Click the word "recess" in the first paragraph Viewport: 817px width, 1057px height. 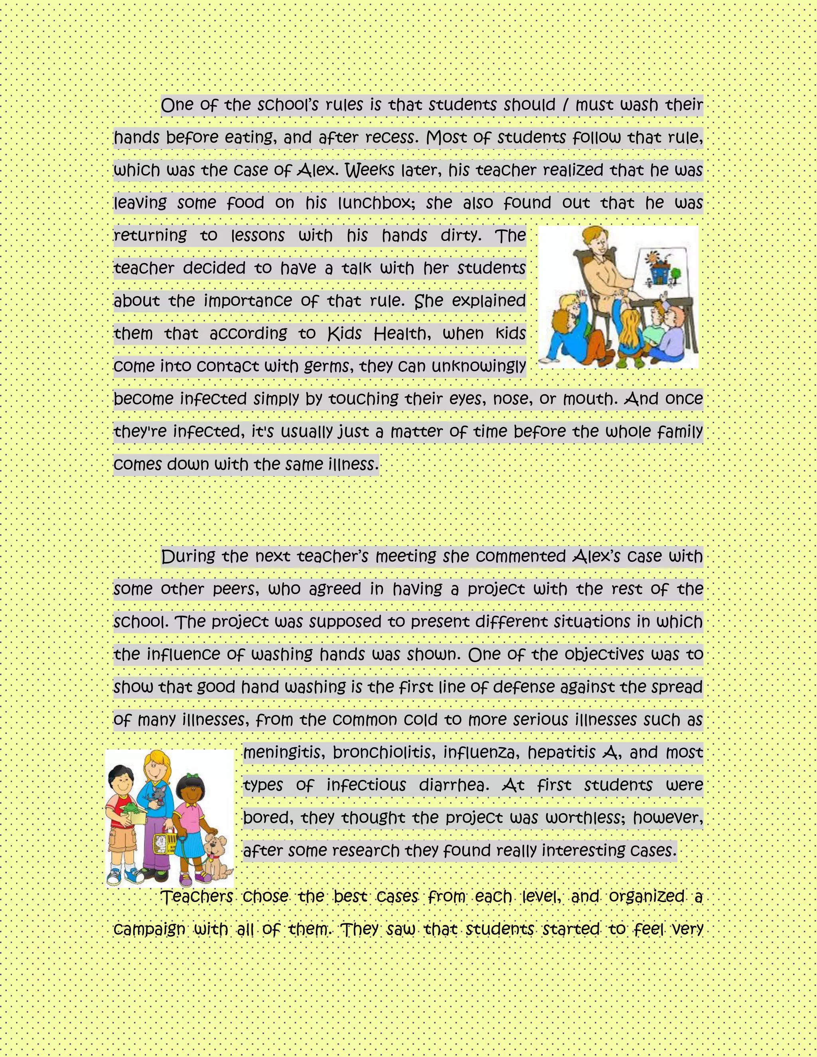tap(390, 138)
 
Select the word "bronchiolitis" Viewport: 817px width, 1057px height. tap(382, 753)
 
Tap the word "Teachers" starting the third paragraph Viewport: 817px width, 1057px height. tap(197, 897)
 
